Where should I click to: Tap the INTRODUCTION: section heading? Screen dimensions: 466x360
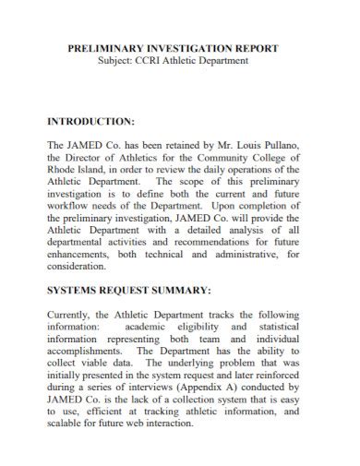click(91, 121)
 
